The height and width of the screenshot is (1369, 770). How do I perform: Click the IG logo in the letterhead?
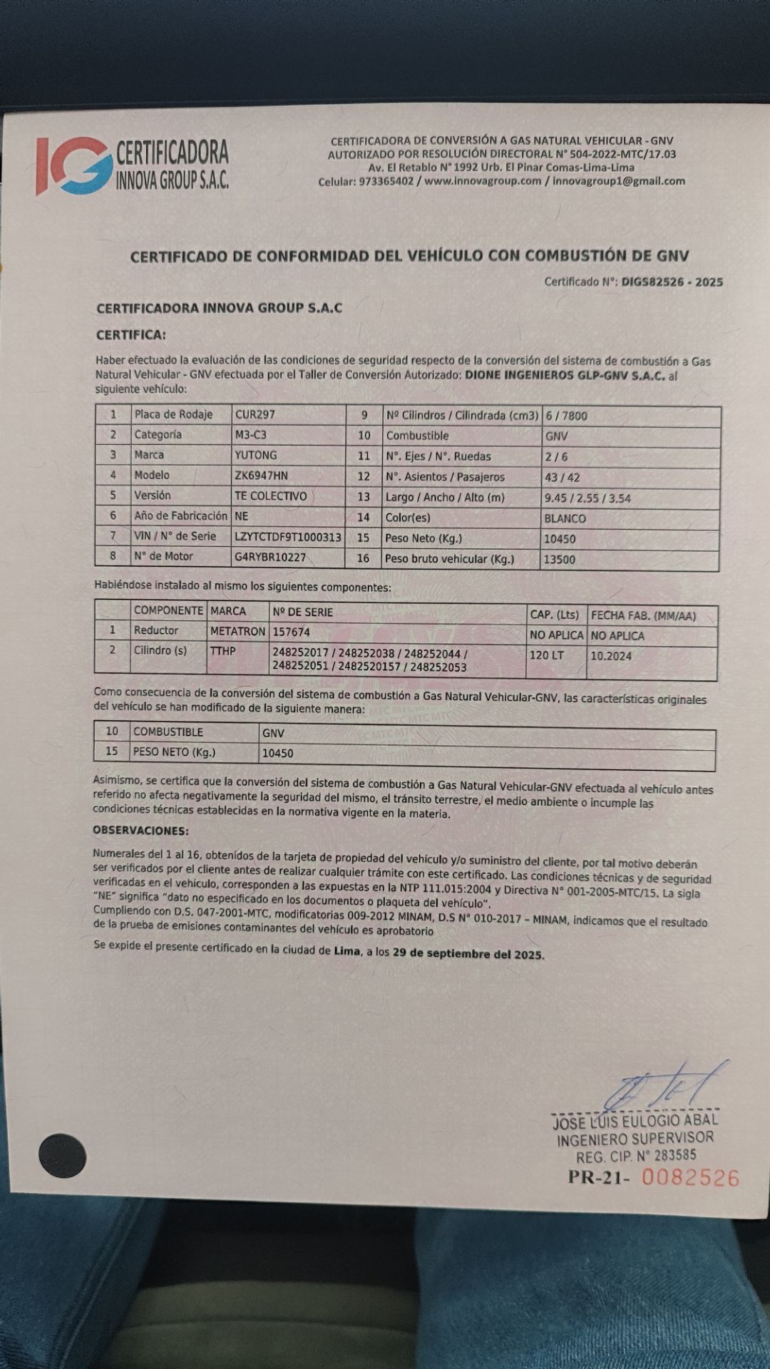point(74,165)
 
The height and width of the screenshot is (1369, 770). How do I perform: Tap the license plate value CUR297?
point(255,414)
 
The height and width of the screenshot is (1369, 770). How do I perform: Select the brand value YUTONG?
point(255,455)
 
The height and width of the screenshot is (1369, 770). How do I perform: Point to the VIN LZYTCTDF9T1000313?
point(287,537)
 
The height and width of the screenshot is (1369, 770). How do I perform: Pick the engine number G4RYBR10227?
point(269,557)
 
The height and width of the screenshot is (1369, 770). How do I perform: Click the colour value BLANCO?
point(565,518)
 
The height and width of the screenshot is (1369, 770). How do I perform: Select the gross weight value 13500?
point(559,560)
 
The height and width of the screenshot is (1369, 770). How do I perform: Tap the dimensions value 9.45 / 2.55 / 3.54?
point(587,498)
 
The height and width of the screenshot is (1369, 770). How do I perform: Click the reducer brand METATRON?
point(237,631)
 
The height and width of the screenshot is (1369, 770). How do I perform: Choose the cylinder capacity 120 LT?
point(547,655)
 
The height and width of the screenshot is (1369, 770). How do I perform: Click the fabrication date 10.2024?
point(611,656)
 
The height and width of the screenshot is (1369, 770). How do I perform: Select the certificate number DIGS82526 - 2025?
point(672,282)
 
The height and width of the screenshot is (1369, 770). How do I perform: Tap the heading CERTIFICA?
point(130,334)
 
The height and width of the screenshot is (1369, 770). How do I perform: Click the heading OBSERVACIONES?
point(140,831)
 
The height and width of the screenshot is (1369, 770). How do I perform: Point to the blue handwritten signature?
point(663,1087)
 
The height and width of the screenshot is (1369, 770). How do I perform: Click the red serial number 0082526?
point(690,1177)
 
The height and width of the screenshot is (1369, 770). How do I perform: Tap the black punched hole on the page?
point(63,1156)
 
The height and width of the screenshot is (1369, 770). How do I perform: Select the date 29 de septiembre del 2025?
point(468,954)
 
